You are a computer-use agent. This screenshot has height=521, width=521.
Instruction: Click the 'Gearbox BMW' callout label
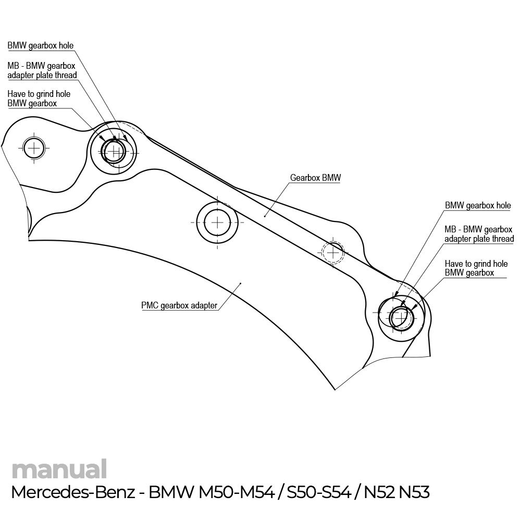315,178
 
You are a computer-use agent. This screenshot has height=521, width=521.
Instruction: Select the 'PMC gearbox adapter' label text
179,305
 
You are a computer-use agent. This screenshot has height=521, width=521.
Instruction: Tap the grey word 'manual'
59,469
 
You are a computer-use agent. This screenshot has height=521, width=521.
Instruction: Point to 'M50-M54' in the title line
237,492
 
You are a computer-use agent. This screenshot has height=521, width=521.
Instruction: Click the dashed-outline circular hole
332,252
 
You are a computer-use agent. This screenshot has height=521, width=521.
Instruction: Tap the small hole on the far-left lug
34,148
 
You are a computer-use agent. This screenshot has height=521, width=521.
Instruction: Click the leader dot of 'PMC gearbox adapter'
240,283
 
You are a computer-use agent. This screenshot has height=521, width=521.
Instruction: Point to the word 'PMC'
150,305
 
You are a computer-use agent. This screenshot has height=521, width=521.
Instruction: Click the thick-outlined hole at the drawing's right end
401,317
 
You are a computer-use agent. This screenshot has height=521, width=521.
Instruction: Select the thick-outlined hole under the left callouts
114,152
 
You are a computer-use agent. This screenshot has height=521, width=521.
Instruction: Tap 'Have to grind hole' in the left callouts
39,94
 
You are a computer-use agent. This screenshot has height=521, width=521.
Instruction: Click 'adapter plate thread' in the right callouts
479,239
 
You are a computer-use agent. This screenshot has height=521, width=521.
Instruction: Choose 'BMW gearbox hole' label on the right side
478,206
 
